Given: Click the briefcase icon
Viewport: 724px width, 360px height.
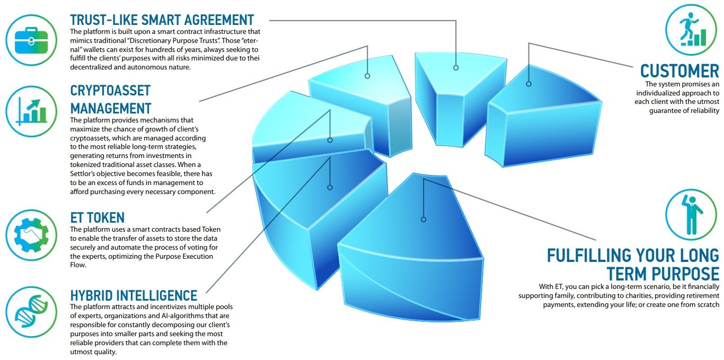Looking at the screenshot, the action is click(x=31, y=40).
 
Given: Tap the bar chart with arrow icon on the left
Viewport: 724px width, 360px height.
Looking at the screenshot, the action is click(x=31, y=111).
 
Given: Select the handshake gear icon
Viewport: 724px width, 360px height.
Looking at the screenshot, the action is click(x=31, y=235).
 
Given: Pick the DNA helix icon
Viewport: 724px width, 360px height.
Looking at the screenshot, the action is click(x=31, y=312).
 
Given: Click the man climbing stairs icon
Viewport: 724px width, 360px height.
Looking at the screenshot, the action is click(x=691, y=30).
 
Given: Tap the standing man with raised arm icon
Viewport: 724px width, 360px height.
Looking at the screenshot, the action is click(x=691, y=215).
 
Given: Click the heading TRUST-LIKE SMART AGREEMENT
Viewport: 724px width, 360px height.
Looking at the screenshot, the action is click(x=162, y=20).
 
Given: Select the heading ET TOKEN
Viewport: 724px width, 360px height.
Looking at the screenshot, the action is click(x=98, y=218).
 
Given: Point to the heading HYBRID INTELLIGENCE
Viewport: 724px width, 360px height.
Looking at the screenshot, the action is click(x=134, y=295).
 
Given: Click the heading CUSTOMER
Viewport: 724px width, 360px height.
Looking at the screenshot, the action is click(x=679, y=71).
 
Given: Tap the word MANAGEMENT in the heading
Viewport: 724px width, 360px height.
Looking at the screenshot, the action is click(x=111, y=108).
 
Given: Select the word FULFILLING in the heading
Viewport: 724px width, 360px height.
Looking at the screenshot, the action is click(x=588, y=256).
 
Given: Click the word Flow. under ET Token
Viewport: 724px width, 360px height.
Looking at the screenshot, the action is click(x=78, y=265).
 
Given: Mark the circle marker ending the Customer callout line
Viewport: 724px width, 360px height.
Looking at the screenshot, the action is click(x=529, y=84).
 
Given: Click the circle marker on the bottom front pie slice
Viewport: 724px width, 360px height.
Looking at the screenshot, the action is click(x=423, y=219).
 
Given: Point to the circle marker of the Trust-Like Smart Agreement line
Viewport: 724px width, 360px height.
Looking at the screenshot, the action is click(x=456, y=68).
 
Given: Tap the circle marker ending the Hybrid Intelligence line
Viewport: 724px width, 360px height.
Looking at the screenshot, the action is click(x=330, y=188).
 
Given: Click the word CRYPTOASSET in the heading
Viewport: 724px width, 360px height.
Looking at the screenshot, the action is click(x=110, y=91).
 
